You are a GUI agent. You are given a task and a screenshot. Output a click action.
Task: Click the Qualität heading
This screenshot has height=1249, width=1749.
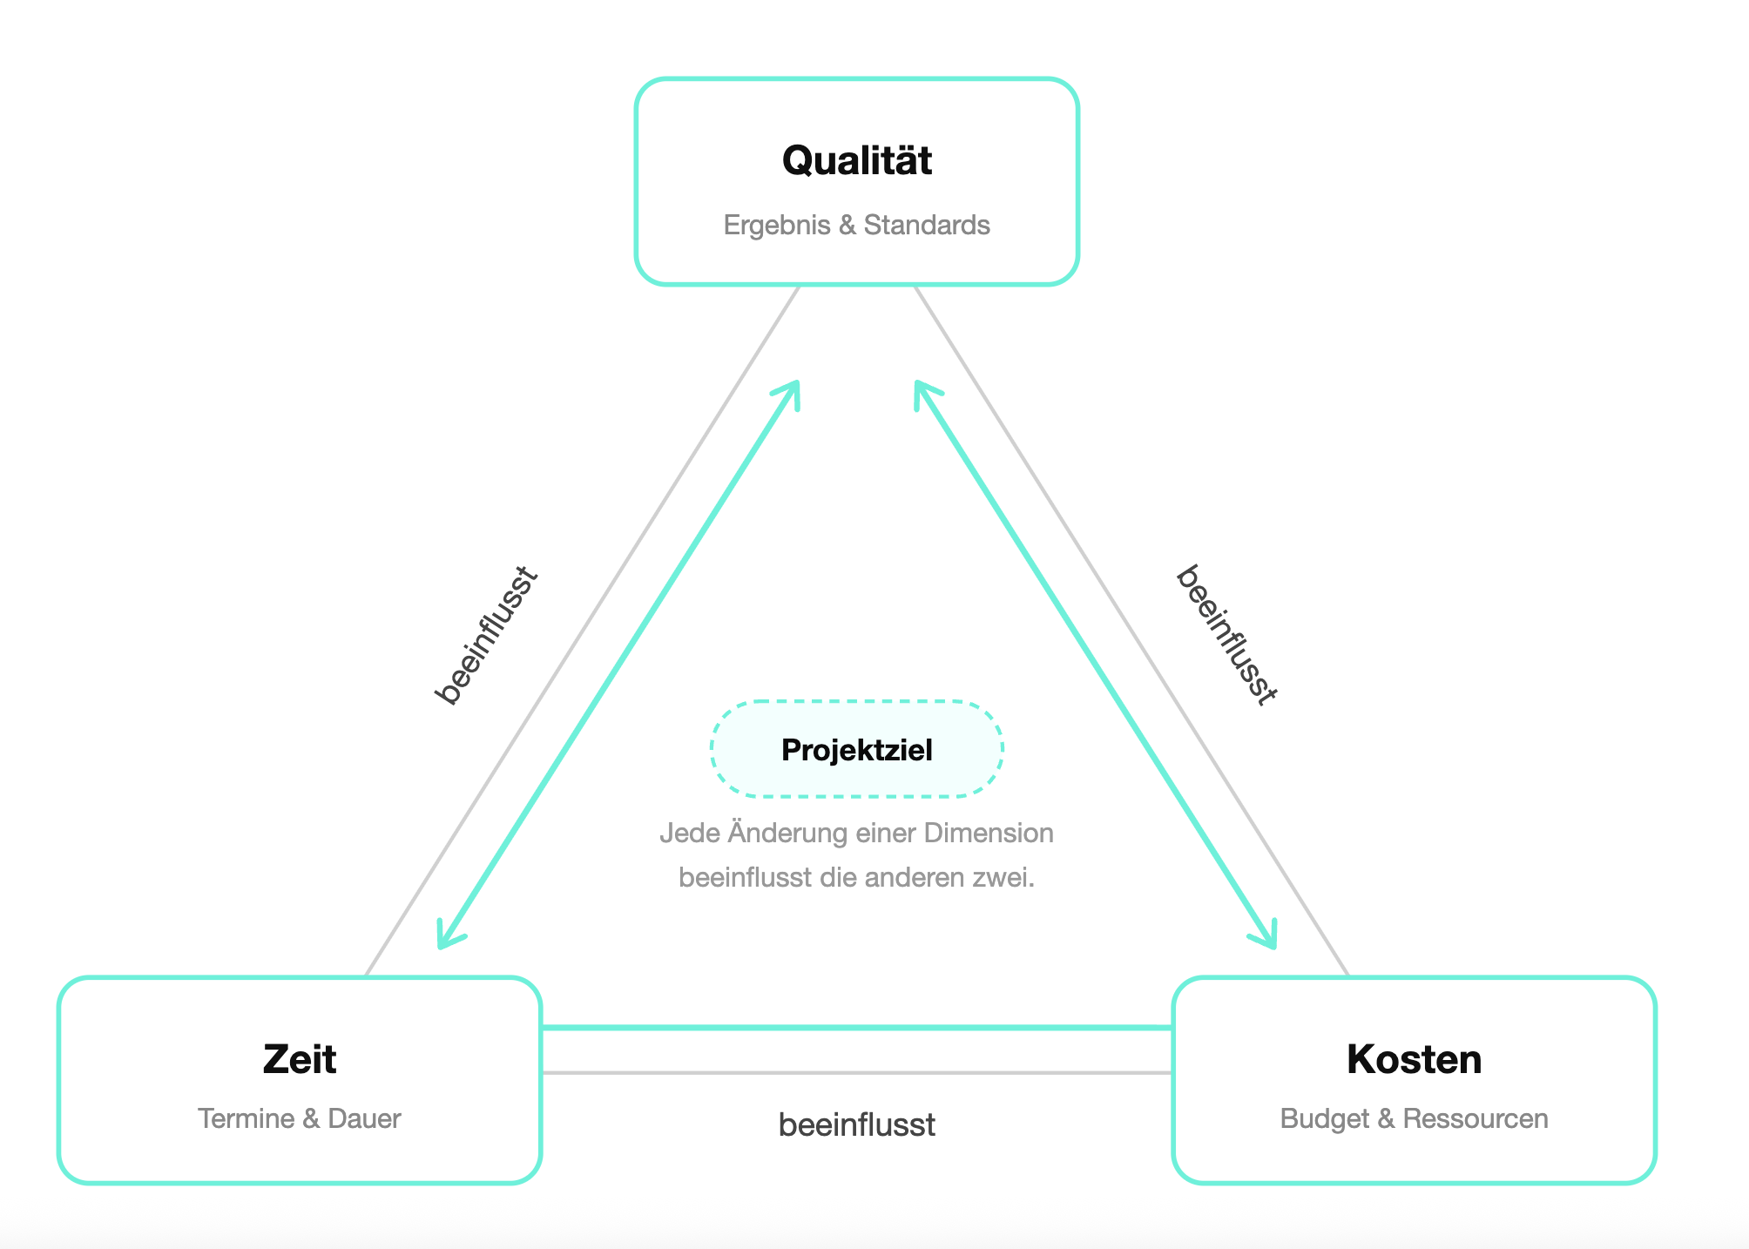click(857, 160)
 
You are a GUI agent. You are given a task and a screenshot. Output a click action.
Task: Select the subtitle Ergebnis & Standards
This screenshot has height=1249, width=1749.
click(857, 226)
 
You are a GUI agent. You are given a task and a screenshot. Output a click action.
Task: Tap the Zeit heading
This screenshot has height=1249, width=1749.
click(300, 1059)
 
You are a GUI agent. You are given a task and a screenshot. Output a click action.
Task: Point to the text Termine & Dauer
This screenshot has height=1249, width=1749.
click(300, 1118)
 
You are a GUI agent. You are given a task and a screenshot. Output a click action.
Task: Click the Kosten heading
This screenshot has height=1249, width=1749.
click(1414, 1059)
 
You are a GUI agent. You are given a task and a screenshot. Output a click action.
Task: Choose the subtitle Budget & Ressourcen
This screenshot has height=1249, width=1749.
click(1414, 1118)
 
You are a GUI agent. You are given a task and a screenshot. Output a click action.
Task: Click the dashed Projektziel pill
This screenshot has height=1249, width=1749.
click(857, 749)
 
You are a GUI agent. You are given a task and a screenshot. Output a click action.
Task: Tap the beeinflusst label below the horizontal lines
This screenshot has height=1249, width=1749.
click(857, 1125)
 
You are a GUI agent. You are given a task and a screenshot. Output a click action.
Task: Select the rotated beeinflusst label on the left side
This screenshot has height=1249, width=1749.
click(487, 635)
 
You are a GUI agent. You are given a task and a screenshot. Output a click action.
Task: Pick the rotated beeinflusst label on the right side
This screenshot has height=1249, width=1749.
click(1226, 635)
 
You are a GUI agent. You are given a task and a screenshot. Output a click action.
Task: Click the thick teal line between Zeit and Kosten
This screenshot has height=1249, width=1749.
click(857, 1028)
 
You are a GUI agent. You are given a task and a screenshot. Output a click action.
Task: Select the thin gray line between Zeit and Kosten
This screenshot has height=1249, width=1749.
click(857, 1072)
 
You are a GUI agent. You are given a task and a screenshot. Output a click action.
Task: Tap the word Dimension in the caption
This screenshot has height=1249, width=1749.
click(989, 834)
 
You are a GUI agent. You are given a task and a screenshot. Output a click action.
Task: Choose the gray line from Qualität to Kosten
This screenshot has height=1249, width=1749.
click(1132, 631)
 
